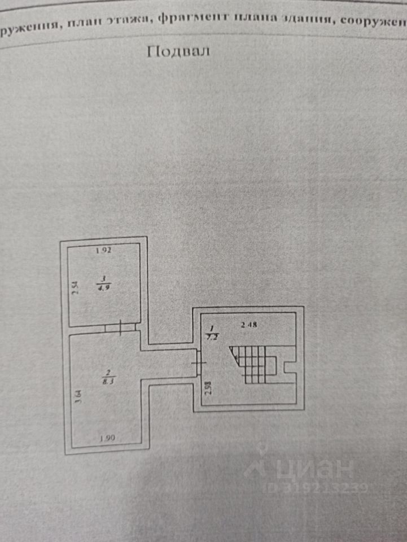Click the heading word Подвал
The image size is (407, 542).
click(178, 52)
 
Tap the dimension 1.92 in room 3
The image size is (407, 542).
click(102, 251)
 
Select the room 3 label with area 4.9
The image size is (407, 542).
click(104, 282)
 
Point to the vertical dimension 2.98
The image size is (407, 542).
click(208, 390)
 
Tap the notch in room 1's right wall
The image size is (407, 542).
click(290, 370)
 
